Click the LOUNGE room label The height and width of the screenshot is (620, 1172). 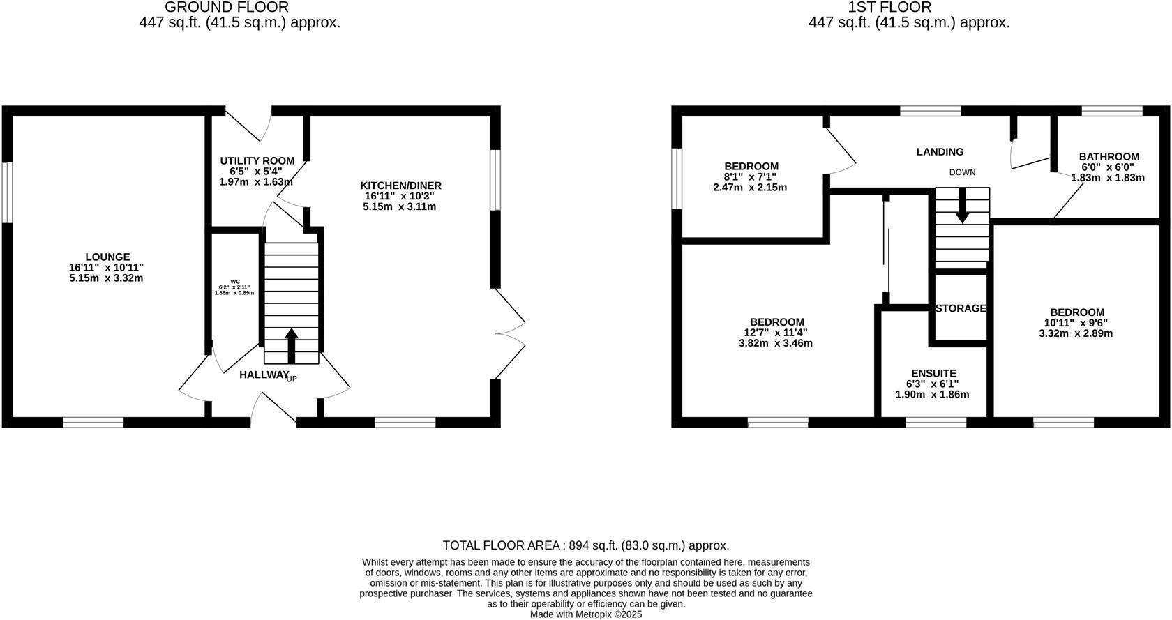[x=107, y=257]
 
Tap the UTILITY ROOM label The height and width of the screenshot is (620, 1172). [x=257, y=160]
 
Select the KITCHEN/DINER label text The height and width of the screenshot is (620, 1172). [x=400, y=185]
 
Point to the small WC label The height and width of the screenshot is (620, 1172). [x=234, y=281]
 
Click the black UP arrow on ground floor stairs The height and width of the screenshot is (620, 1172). [x=292, y=345]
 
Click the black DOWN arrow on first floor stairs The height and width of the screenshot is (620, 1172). [x=962, y=206]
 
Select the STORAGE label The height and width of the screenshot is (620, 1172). [x=960, y=308]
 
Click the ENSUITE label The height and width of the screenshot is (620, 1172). [x=933, y=373]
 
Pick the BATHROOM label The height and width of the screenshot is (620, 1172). [x=1109, y=157]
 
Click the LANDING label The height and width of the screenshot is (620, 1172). [x=940, y=151]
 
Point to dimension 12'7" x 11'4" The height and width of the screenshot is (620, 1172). [x=776, y=333]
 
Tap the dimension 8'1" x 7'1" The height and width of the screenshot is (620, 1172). [x=750, y=176]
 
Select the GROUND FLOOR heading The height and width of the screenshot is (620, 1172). [x=226, y=7]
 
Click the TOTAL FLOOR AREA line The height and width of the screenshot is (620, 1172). [x=585, y=545]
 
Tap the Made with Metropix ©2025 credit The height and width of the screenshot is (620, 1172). [x=585, y=614]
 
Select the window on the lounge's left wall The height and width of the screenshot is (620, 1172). [x=7, y=192]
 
